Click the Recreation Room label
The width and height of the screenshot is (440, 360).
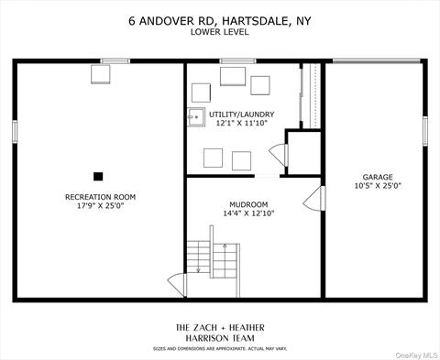(x=100, y=197)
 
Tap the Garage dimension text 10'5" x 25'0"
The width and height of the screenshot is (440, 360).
(x=378, y=186)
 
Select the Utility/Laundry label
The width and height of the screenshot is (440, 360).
(x=241, y=115)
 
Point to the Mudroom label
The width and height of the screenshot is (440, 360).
(x=248, y=204)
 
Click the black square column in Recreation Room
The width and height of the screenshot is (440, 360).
(x=98, y=177)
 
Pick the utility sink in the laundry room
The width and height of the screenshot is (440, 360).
(x=196, y=117)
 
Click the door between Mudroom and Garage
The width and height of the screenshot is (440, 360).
(x=314, y=198)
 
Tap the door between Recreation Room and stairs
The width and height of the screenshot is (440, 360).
(x=177, y=285)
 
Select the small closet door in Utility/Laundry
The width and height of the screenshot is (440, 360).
(x=279, y=155)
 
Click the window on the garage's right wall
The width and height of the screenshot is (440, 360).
(x=425, y=131)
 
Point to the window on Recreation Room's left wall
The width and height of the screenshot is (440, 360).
(x=15, y=131)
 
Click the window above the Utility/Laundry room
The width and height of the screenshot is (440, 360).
(x=238, y=61)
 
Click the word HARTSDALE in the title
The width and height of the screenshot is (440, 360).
(x=255, y=21)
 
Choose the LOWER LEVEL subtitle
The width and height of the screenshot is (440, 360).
(x=220, y=32)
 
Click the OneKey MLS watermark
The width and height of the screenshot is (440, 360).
(x=416, y=355)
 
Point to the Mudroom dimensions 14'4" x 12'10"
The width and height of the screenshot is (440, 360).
(x=248, y=213)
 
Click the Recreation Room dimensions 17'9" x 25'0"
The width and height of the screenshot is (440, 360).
(x=100, y=205)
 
